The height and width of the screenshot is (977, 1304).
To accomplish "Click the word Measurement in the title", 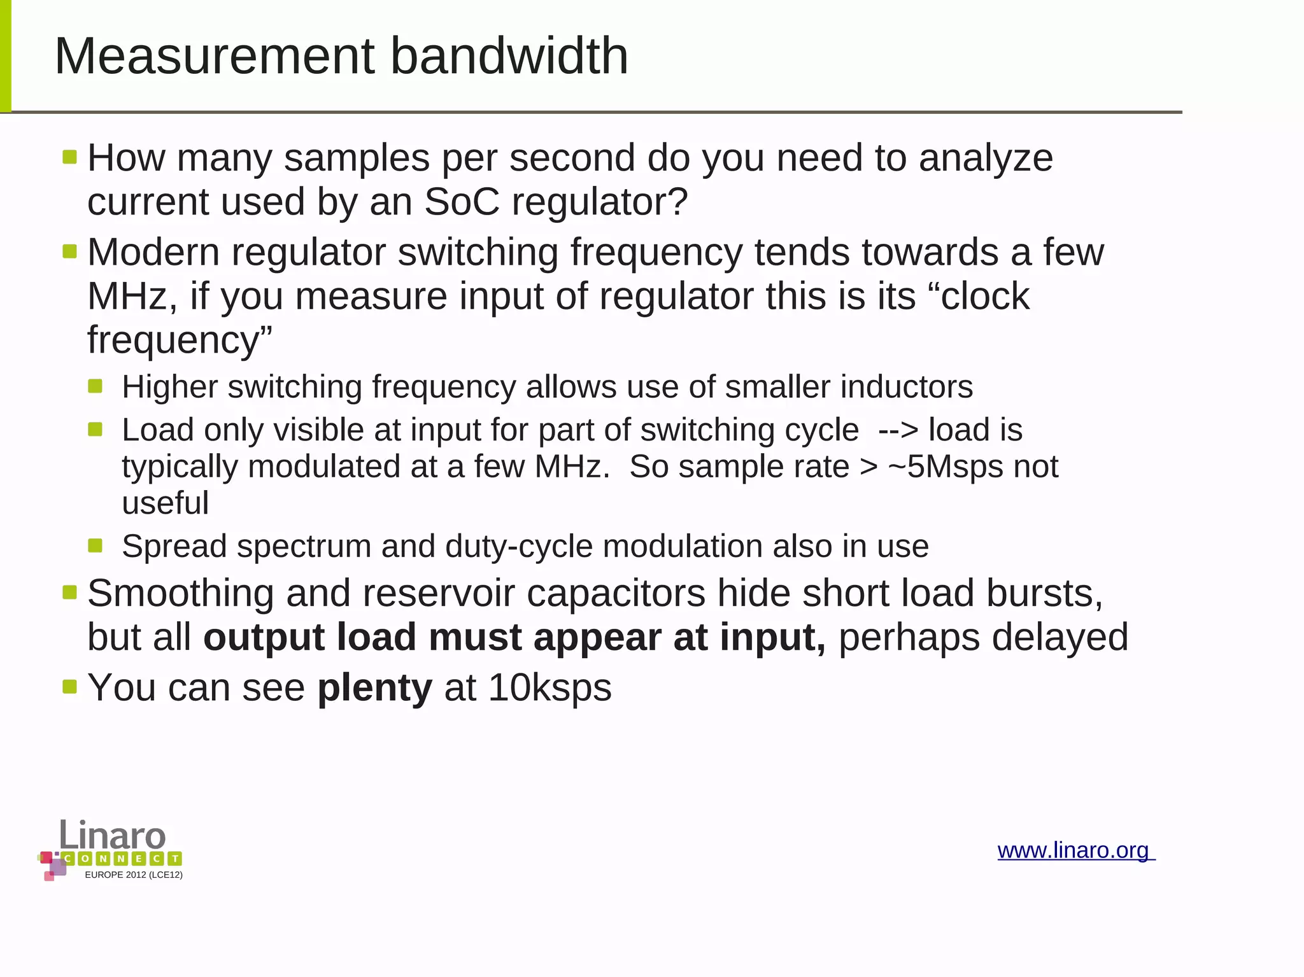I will click(215, 56).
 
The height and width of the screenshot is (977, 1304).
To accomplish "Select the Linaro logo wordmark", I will click(113, 834).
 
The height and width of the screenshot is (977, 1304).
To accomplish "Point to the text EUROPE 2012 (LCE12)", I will click(134, 875).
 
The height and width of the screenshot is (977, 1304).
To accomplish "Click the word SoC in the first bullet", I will click(462, 202).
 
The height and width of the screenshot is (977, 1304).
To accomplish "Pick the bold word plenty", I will click(375, 687).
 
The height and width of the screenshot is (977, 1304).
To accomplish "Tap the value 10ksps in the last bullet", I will click(549, 687).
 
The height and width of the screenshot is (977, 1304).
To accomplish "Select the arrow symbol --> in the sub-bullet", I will click(897, 430).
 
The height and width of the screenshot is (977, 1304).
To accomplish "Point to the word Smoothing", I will click(180, 593).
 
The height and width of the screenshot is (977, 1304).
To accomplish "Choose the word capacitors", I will click(616, 593).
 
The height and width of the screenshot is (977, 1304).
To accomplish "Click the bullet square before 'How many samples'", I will click(70, 157).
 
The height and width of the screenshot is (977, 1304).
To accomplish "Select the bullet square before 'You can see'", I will click(70, 687).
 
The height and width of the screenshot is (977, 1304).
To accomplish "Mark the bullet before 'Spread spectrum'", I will click(96, 545).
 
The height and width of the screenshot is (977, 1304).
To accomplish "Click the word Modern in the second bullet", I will click(153, 252).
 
